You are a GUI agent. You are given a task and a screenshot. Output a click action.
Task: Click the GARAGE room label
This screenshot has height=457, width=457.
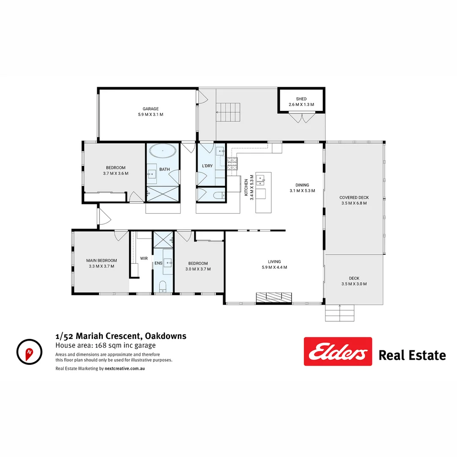(x=151, y=109)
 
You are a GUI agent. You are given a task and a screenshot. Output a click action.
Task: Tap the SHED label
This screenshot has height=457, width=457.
(x=301, y=99)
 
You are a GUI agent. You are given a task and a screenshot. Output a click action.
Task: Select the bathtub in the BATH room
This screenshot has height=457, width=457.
(x=163, y=150)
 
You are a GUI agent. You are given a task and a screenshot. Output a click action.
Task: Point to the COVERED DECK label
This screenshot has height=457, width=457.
(x=354, y=198)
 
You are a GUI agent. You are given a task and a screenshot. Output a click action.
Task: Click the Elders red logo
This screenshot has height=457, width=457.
(x=338, y=351)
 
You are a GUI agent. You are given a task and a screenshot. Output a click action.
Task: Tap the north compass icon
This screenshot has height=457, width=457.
(x=29, y=351)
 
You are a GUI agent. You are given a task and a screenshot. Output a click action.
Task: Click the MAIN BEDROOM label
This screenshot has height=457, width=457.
(x=102, y=261)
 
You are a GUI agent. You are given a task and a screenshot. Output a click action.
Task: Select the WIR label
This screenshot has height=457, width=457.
(x=144, y=258)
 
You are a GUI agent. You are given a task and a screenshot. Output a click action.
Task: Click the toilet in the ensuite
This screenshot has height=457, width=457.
(x=163, y=288)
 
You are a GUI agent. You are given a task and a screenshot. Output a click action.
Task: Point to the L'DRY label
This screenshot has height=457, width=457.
(x=207, y=166)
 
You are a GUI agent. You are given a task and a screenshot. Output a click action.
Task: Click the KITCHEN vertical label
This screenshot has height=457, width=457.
(x=247, y=187)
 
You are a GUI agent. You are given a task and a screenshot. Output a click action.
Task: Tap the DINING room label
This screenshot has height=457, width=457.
(x=302, y=185)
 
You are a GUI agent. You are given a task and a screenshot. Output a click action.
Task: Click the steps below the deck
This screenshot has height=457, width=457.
(x=339, y=313)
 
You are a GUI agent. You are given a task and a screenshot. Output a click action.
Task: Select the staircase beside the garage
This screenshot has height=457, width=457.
(x=228, y=112)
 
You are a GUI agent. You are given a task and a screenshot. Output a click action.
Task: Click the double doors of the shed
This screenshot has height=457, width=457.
(x=302, y=117)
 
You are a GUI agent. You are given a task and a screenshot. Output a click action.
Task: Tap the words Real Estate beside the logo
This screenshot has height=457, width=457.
(x=412, y=355)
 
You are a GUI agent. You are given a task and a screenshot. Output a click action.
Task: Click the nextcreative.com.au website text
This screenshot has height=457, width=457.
(x=125, y=369)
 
